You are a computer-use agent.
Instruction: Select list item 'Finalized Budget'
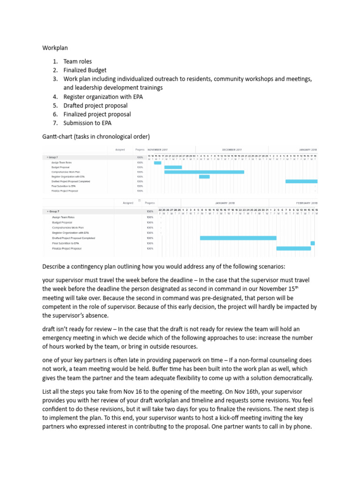(x=85, y=70)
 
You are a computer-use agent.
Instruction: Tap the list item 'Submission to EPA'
(x=88, y=123)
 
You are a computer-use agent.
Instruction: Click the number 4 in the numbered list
(x=54, y=97)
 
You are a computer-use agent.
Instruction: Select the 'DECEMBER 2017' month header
(x=232, y=150)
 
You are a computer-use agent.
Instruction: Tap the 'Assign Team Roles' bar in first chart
(x=157, y=162)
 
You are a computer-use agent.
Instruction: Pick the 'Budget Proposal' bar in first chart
(x=173, y=167)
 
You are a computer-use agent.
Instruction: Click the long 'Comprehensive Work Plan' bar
(x=204, y=172)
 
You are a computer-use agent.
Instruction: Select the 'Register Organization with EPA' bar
(x=204, y=177)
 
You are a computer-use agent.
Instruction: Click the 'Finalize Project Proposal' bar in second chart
(x=293, y=248)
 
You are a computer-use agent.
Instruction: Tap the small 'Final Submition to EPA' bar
(x=313, y=243)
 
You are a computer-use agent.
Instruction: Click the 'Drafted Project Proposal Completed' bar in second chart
(x=238, y=238)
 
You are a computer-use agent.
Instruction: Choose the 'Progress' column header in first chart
(x=140, y=150)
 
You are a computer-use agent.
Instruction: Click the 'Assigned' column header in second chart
(x=128, y=203)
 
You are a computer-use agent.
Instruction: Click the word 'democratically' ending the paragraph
(x=291, y=378)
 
